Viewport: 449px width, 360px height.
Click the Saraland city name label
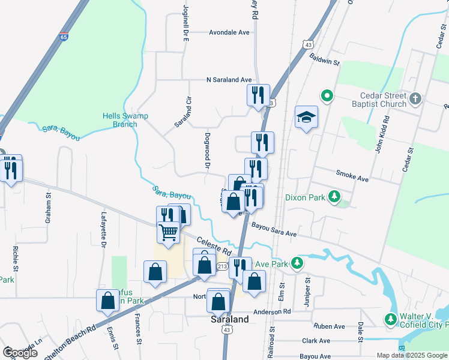pyautogui.click(x=229, y=320)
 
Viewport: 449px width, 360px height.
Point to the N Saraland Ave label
pyautogui.click(x=229, y=79)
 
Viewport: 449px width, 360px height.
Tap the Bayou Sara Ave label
pyautogui.click(x=274, y=228)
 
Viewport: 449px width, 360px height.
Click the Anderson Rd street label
pyautogui.click(x=271, y=312)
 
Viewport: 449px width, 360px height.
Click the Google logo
pyautogui.click(x=20, y=353)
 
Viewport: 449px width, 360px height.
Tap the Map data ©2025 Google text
pyautogui.click(x=412, y=355)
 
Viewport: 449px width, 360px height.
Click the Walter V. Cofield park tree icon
pyautogui.click(x=391, y=318)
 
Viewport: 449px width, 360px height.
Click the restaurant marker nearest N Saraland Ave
pyautogui.click(x=258, y=95)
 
